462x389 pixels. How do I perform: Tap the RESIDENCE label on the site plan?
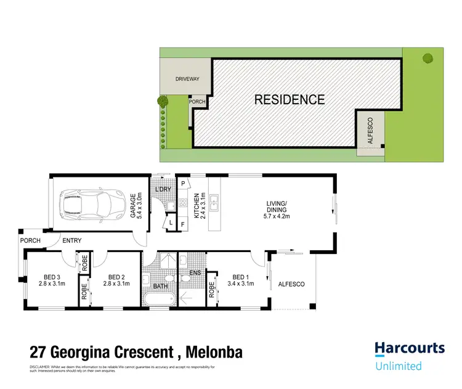point(290,99)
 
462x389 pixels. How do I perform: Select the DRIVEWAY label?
point(187,80)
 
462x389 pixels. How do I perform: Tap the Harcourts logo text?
point(410,349)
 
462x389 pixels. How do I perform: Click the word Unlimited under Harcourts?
point(399,366)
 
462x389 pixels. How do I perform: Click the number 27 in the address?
point(39,353)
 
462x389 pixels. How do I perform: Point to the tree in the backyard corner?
point(426,59)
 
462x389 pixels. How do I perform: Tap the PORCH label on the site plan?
point(197,102)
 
